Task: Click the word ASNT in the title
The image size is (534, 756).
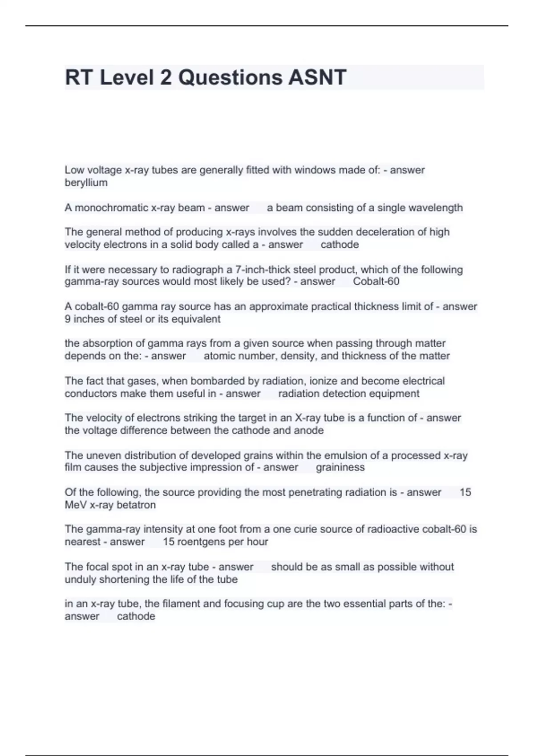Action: pos(317,77)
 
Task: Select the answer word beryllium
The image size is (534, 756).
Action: pos(86,183)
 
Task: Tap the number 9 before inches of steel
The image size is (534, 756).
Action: pos(68,319)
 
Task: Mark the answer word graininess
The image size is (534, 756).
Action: pos(340,467)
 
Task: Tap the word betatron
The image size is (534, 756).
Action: pos(136,505)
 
